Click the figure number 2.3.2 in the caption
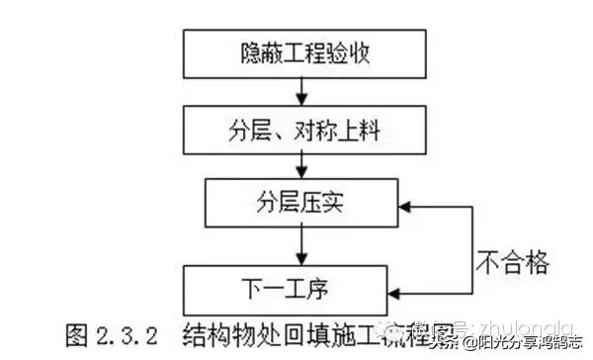click(120, 334)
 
